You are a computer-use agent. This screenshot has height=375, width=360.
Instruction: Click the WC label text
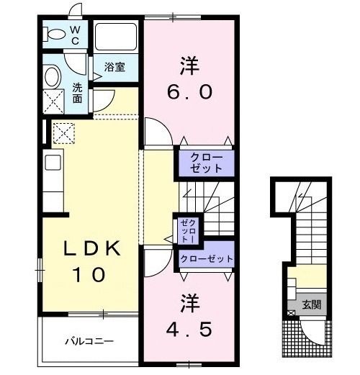76,35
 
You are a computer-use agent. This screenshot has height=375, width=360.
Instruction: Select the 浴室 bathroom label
115,67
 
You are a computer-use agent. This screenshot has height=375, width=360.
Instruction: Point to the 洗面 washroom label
78,93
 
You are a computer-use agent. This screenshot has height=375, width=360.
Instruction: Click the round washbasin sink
53,76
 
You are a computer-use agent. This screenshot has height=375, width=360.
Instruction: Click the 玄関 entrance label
312,304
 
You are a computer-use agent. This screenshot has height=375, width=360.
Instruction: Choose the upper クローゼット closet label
207,161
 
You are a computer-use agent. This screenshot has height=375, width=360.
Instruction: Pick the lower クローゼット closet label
207,258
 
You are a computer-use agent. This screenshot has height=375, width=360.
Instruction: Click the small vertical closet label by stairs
186,228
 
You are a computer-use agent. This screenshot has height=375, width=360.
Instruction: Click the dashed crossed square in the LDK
63,132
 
